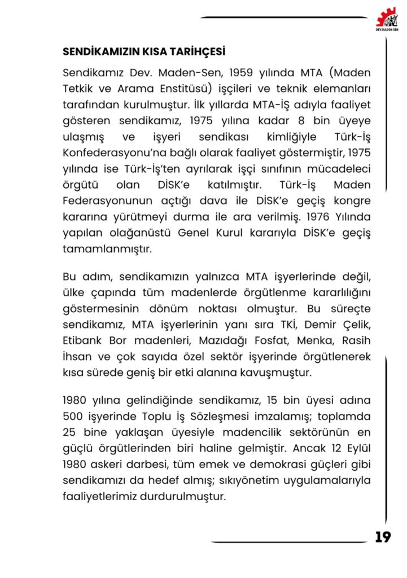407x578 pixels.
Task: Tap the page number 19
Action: [x=382, y=537]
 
